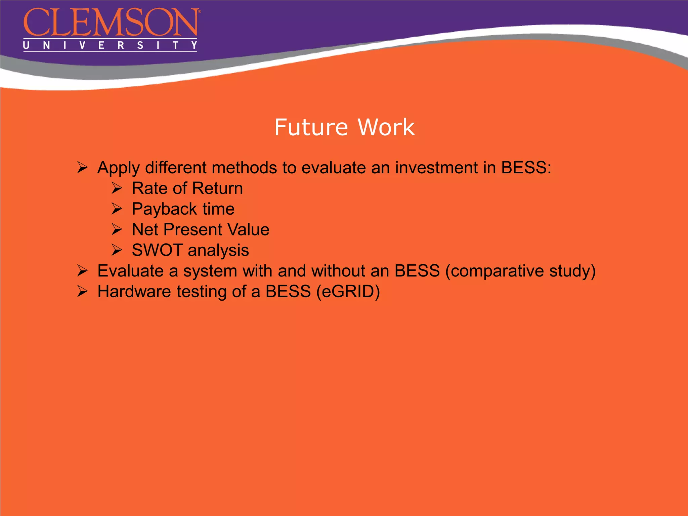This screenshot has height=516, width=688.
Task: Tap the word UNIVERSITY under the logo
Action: click(110, 45)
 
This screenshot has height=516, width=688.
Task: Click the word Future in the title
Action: click(311, 127)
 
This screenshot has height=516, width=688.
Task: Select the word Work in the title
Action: click(386, 127)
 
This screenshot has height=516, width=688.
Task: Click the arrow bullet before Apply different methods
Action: click(82, 167)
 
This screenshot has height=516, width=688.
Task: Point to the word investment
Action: click(436, 167)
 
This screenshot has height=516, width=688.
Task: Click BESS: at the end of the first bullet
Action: click(526, 167)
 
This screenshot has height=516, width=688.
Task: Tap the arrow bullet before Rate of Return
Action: click(117, 188)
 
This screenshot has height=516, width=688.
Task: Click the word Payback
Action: click(164, 209)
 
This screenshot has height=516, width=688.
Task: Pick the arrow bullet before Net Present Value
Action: click(117, 230)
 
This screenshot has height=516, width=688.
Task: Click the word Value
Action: click(248, 230)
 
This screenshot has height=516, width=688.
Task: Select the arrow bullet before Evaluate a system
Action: click(82, 271)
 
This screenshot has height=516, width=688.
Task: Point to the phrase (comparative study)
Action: click(520, 271)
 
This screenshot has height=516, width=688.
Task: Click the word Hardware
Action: click(134, 291)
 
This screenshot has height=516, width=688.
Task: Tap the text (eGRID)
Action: click(348, 292)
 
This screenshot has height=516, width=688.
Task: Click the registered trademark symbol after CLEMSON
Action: click(200, 11)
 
